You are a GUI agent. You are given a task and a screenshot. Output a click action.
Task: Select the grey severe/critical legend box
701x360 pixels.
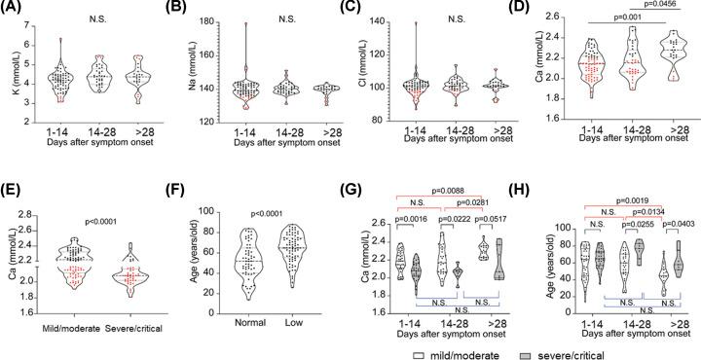tap(609, 345)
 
